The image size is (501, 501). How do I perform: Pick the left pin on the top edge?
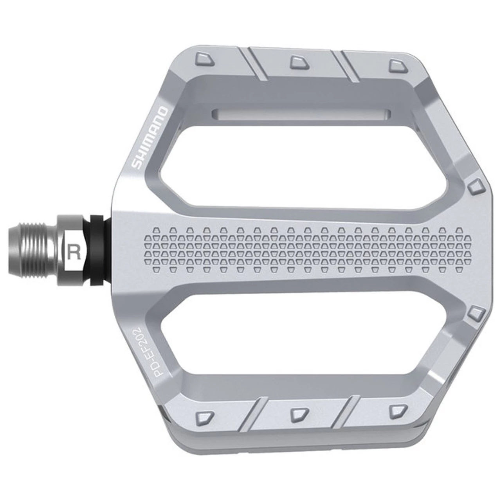(x=204, y=59)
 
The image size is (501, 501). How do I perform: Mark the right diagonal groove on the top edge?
(x=348, y=67)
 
